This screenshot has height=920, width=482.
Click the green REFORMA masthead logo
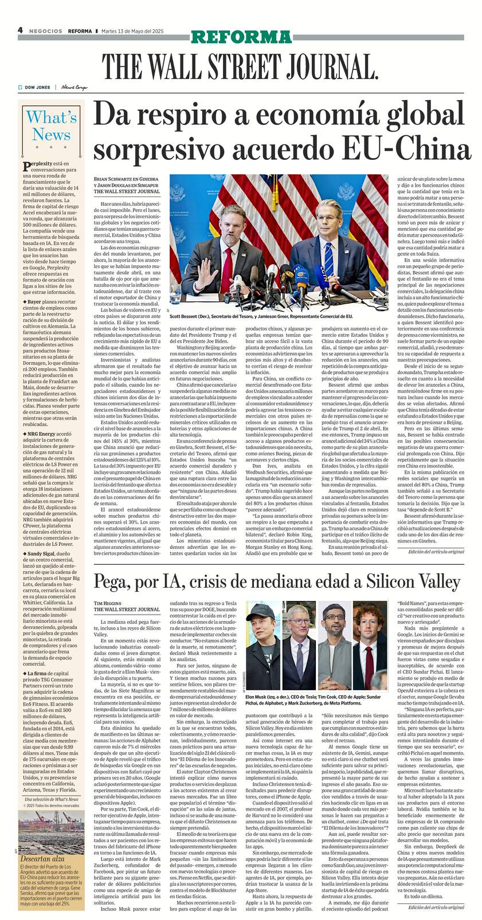(241, 38)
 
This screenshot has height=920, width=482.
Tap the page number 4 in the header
(19, 30)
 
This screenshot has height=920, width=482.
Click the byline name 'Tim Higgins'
(107, 603)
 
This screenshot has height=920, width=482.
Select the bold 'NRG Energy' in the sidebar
(41, 434)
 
